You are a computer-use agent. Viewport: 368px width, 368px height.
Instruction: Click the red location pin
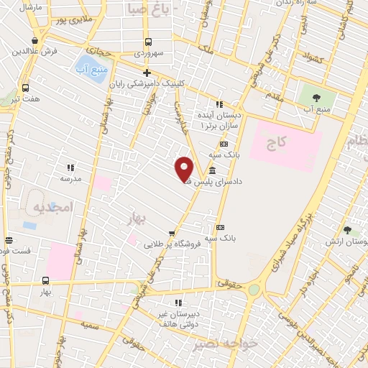pos(184,170)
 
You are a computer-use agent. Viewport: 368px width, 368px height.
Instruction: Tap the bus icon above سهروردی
pos(148,42)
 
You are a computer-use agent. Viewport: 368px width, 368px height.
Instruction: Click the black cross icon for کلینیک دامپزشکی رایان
pos(147,73)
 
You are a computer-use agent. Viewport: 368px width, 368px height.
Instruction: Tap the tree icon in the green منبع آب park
pos(311,96)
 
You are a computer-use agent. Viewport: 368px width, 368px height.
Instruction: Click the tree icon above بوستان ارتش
pos(348,231)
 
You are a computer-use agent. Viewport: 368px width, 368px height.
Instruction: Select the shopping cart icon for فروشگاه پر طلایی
pos(171,233)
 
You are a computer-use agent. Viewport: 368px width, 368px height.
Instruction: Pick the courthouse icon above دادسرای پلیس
pos(212,171)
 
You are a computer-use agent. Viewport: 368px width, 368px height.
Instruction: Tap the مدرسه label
pos(70,178)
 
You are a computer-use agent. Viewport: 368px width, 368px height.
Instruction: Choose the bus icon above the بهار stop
pos(46,281)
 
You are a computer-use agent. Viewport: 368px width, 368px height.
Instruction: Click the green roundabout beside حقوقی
pos(254,289)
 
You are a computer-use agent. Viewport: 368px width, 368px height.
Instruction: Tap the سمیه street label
pos(89,326)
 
